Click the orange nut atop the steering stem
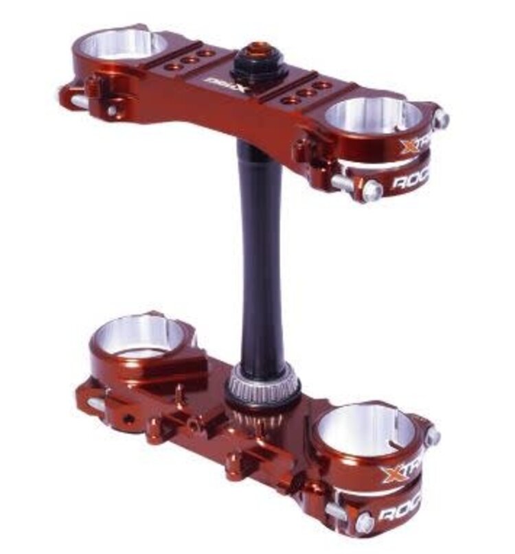click(x=260, y=50)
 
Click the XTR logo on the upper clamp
click(x=415, y=146)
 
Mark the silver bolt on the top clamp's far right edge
click(x=440, y=119)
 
